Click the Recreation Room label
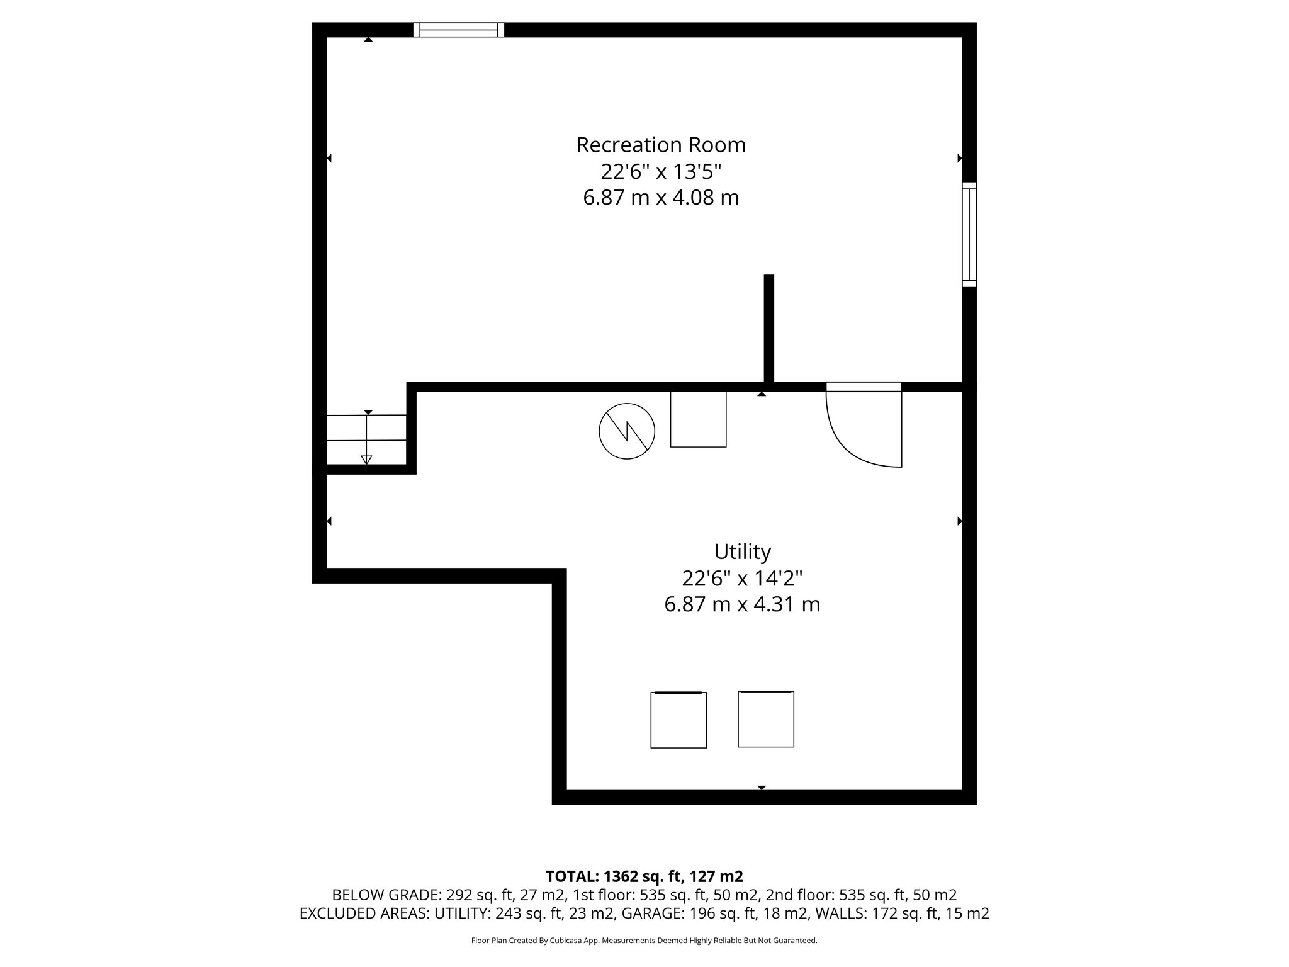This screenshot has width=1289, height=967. click(x=661, y=145)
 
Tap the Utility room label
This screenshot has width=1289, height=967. click(x=742, y=551)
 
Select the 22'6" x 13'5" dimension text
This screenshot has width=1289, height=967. click(x=661, y=171)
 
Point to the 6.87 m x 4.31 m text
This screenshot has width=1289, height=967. click(x=742, y=604)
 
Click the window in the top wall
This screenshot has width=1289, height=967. click(x=459, y=30)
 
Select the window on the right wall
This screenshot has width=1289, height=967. click(x=969, y=235)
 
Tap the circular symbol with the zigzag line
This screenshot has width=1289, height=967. click(x=627, y=431)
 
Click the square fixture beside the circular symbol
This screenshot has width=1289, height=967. click(x=698, y=419)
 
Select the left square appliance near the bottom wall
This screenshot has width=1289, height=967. click(x=678, y=720)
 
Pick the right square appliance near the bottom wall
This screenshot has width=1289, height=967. click(x=766, y=719)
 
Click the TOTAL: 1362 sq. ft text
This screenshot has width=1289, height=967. click(x=644, y=876)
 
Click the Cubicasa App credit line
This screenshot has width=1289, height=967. click(x=644, y=941)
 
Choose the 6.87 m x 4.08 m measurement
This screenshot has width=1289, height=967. click(x=661, y=198)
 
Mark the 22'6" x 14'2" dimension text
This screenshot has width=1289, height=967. click(x=742, y=578)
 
